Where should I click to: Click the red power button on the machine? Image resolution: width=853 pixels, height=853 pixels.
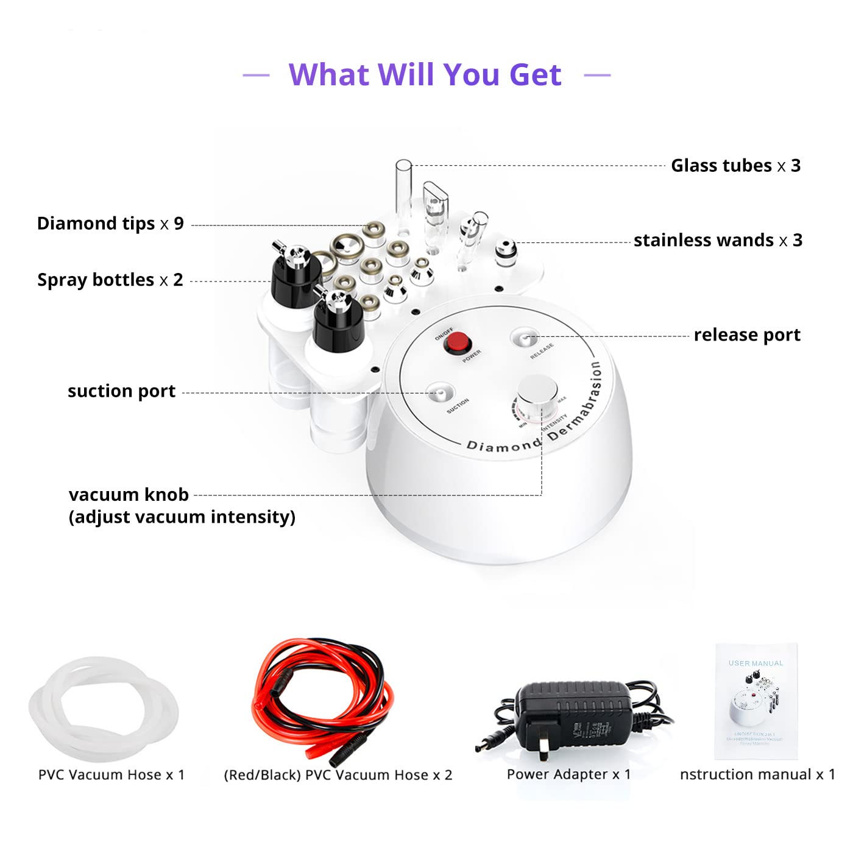(x=458, y=343)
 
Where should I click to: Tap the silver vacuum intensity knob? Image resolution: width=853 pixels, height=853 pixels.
(x=537, y=391)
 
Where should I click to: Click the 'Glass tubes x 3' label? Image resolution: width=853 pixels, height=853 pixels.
(x=735, y=166)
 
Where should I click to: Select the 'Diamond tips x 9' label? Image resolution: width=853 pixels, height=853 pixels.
(x=110, y=224)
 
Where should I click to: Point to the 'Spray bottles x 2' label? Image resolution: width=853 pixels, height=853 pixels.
(x=110, y=280)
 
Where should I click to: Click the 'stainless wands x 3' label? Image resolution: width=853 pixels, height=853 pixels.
(x=718, y=240)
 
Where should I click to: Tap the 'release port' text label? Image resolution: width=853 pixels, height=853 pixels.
(x=747, y=335)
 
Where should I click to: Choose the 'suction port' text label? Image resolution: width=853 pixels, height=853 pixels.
(x=121, y=391)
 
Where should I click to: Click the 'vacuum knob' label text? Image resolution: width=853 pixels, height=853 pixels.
(x=129, y=495)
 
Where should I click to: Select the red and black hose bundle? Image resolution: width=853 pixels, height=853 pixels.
(x=323, y=695)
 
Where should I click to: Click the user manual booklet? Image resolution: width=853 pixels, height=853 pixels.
(x=756, y=701)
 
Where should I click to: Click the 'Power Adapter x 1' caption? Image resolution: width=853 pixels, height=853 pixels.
(x=568, y=774)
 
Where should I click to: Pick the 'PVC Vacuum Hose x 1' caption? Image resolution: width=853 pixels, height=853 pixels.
(x=111, y=775)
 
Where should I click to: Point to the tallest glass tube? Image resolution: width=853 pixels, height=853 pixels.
(x=403, y=189)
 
